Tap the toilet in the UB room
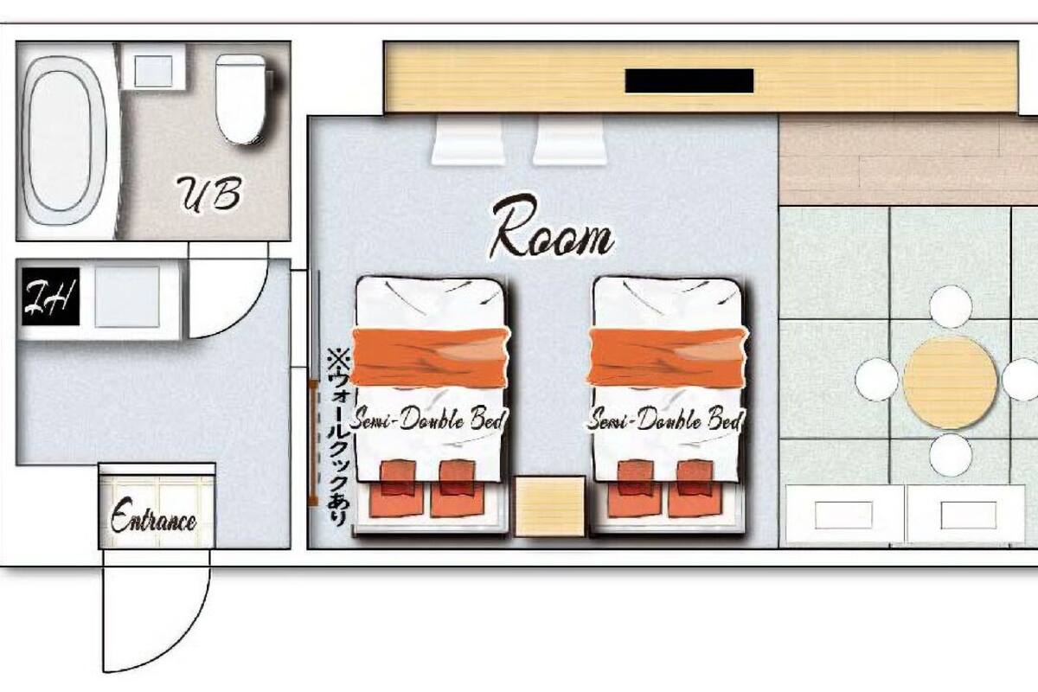(x=241, y=99)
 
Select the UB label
(x=209, y=195)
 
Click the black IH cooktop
(x=50, y=297)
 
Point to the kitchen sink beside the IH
(x=127, y=297)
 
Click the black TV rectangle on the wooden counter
(x=689, y=80)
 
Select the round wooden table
(x=950, y=382)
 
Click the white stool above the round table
(x=951, y=306)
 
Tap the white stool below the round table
(x=951, y=455)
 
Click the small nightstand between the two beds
(x=550, y=507)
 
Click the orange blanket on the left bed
(x=430, y=357)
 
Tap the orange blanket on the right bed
(x=668, y=357)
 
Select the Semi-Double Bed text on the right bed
(x=665, y=420)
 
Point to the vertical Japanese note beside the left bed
(x=337, y=438)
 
